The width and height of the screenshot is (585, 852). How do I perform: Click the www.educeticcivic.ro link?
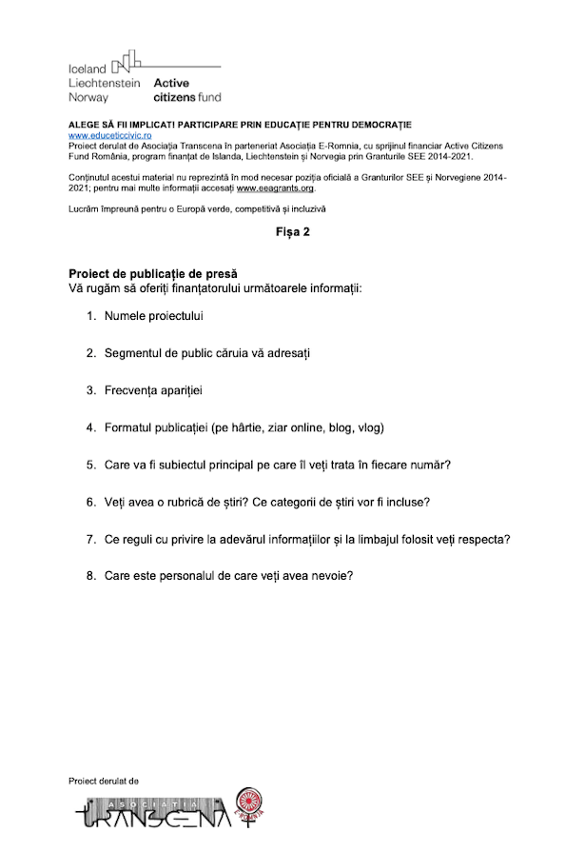tap(107, 136)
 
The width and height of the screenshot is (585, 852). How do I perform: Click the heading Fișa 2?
tap(292, 231)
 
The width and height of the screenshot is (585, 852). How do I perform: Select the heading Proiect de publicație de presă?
tap(146, 274)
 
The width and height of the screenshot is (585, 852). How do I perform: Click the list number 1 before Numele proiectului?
tap(91, 315)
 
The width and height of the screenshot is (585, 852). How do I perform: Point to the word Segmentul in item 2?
tap(138, 353)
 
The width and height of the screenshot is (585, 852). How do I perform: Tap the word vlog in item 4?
tap(369, 427)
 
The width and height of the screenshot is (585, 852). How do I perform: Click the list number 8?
tap(91, 576)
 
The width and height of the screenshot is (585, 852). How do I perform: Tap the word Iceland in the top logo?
tap(88, 69)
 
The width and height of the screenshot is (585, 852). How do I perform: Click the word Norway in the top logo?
tap(88, 97)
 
